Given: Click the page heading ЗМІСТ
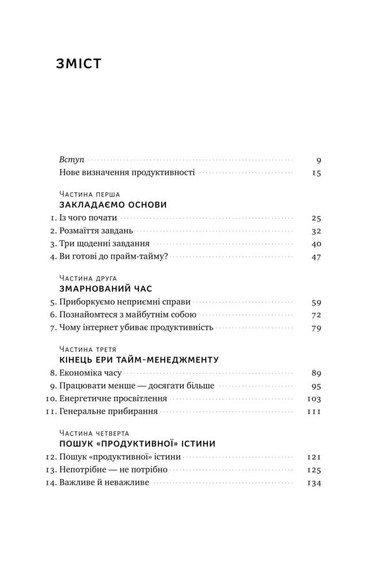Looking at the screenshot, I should (79, 64).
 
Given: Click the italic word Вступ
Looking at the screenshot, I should (71, 160).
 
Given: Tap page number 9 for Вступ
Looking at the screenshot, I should (318, 160).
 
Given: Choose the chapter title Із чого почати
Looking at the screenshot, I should (88, 218).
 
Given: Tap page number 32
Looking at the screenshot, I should (316, 231).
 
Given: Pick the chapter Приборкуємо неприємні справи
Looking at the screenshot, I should (125, 301).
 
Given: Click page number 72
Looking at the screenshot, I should (316, 315).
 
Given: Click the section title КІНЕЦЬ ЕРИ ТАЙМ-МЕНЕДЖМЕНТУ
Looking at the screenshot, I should (139, 360).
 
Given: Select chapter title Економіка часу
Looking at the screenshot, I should (90, 373).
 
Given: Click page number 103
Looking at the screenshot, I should (314, 399).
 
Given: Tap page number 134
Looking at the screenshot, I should (314, 483).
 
